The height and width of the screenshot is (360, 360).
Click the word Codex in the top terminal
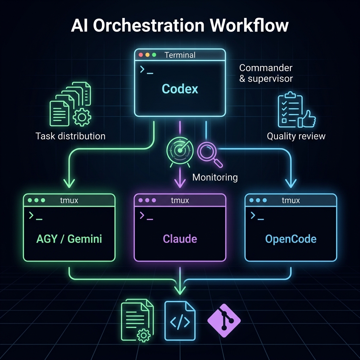coord(180,89)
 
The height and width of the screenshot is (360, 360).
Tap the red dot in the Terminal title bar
coord(141,55)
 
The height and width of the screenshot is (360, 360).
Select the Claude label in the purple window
coord(180,239)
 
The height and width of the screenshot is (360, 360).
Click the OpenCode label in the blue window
coord(291,239)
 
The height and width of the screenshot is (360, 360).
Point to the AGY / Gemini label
coord(69,239)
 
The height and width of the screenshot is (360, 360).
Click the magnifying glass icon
coord(210,155)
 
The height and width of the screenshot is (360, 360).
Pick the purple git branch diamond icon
coord(224,321)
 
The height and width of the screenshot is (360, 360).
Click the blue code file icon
coord(180,321)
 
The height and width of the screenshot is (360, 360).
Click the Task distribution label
coord(70,136)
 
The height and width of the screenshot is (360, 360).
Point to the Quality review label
coord(296,136)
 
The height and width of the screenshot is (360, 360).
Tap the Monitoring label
coord(215,178)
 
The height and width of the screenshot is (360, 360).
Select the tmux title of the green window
coord(69,200)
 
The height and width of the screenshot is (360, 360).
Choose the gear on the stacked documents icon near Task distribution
coord(82,117)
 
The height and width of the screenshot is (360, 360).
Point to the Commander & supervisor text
coord(266,73)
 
